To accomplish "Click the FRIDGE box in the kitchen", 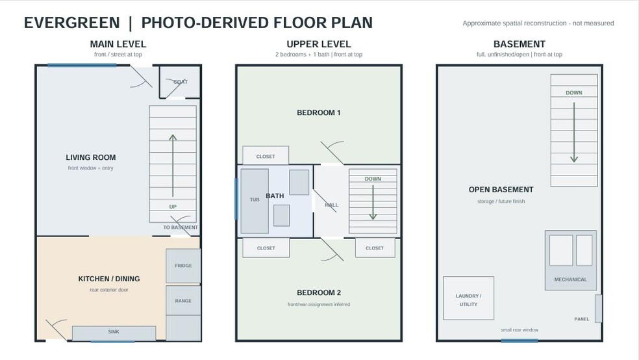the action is (183, 266).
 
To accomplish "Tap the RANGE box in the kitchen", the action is (183, 300).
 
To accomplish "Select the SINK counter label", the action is (114, 332).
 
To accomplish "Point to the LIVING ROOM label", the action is (91, 157).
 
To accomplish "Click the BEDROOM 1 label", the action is (319, 112).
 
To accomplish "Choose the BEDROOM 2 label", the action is (319, 292).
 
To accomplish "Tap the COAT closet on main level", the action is (180, 81).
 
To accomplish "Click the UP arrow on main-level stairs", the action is (173, 166).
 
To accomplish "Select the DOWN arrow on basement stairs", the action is (574, 133).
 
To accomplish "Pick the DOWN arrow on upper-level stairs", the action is (373, 203).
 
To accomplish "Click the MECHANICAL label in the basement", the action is (571, 279).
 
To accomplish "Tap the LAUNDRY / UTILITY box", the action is (469, 298).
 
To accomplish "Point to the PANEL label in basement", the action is (582, 319).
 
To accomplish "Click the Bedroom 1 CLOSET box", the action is (266, 155).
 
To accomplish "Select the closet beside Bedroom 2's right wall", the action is (375, 248).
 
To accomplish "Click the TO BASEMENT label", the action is (181, 227).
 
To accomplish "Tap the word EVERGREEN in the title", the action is (71, 23).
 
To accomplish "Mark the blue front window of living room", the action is (82, 65).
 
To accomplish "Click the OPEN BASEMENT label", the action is (501, 190).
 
